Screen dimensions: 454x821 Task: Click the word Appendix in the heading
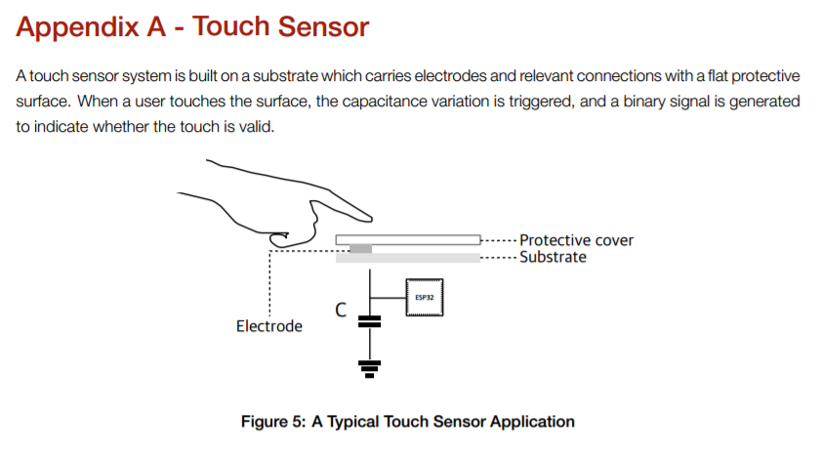coord(73,27)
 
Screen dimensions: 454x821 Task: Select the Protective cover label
coord(576,240)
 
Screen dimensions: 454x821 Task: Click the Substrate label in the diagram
coord(553,257)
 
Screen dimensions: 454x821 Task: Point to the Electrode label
coord(269,326)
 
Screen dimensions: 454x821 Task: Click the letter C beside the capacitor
coord(341,310)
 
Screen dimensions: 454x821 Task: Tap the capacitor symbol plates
coord(369,321)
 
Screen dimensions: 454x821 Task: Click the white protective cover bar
coord(410,239)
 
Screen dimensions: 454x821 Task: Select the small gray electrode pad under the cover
coord(360,249)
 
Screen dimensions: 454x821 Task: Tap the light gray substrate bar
coord(410,258)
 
